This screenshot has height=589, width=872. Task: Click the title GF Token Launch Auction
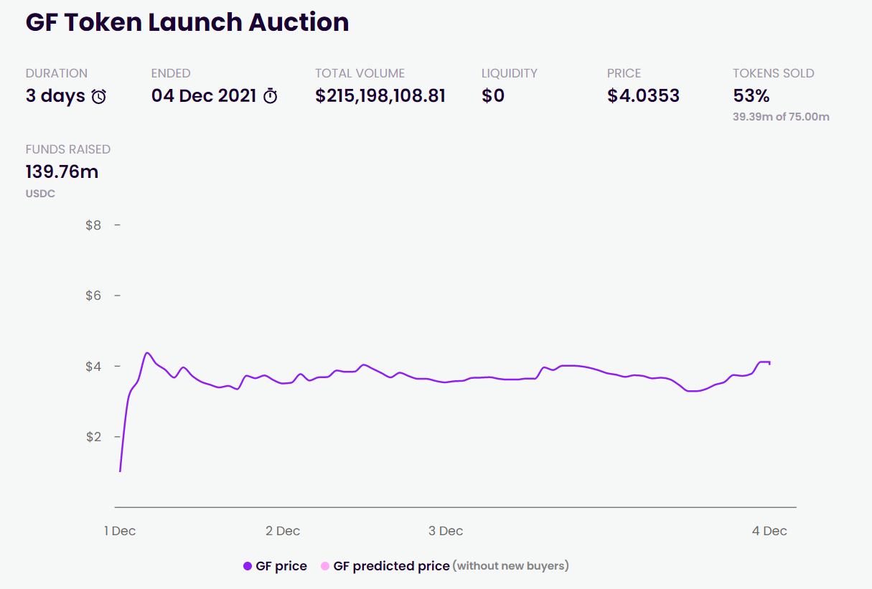[187, 22]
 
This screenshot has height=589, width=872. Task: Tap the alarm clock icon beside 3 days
[99, 96]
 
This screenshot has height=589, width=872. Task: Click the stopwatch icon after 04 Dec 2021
[271, 96]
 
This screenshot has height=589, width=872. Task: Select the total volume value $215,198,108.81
[380, 96]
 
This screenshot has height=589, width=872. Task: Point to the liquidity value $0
[493, 96]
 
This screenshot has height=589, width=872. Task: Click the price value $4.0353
[643, 96]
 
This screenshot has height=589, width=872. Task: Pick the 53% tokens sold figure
[751, 96]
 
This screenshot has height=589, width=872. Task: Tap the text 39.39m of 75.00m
[781, 117]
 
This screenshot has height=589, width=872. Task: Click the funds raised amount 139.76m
[62, 172]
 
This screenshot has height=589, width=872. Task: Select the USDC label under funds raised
[40, 194]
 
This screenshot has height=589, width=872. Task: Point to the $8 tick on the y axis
[93, 225]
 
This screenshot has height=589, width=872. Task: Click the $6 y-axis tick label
[93, 296]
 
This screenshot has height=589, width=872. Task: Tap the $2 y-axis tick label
[93, 437]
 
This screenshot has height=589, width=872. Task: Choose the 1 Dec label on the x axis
[120, 531]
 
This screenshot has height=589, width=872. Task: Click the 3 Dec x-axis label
[446, 531]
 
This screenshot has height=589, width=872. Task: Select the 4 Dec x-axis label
[769, 531]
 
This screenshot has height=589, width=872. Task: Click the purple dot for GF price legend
[248, 566]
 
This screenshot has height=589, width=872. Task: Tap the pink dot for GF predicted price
[325, 566]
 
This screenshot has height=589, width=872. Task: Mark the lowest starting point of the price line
[120, 471]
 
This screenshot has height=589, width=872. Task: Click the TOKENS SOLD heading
[773, 73]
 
